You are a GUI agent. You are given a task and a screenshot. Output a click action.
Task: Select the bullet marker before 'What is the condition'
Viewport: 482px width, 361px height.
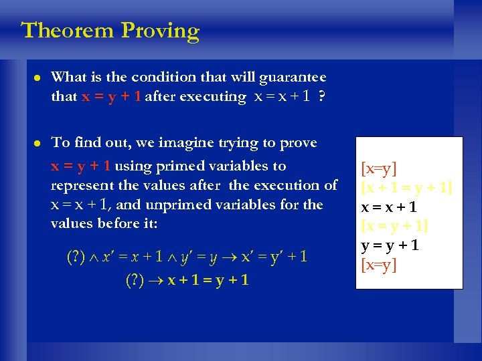tap(32, 78)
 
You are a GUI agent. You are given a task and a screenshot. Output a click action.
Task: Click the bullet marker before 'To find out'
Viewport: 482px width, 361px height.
tap(32, 143)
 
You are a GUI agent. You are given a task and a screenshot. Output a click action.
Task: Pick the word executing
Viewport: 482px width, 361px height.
tap(216, 98)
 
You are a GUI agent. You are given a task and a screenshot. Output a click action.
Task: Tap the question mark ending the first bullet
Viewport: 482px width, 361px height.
tap(322, 97)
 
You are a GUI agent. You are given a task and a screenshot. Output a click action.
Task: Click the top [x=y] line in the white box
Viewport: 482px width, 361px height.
tap(379, 168)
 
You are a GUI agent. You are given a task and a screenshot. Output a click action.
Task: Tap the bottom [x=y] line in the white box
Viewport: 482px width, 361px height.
tap(379, 265)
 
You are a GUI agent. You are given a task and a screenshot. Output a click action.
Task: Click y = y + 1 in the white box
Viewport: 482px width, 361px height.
tap(390, 245)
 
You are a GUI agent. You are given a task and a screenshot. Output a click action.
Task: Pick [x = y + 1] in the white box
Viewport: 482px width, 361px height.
tap(394, 226)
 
